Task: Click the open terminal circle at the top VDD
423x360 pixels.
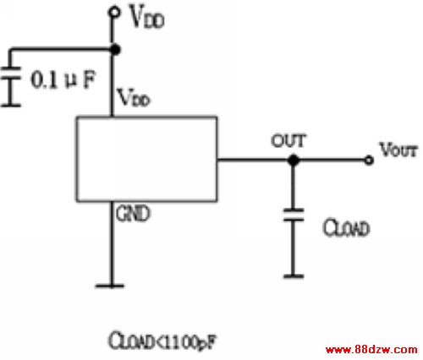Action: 114,13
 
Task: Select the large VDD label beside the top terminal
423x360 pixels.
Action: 146,17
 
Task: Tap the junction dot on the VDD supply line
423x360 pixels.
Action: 115,50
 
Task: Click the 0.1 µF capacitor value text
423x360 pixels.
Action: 63,79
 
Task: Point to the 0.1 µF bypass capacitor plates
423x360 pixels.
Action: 11,74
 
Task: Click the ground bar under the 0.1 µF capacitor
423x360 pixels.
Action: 11,106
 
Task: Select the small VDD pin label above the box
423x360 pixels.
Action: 134,98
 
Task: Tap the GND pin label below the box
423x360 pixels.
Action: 133,213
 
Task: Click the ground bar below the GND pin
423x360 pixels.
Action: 110,286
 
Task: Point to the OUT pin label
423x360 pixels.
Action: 288,140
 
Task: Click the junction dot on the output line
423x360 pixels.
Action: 294,160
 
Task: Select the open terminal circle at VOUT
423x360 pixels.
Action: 368,160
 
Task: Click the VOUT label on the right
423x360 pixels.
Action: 398,150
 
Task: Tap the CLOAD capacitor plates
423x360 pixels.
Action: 294,215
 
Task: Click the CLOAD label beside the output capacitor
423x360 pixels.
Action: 346,227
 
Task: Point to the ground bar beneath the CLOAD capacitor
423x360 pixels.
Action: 294,276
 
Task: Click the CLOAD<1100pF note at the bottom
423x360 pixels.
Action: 162,341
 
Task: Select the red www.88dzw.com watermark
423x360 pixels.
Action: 371,350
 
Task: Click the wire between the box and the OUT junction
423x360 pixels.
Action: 253,160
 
